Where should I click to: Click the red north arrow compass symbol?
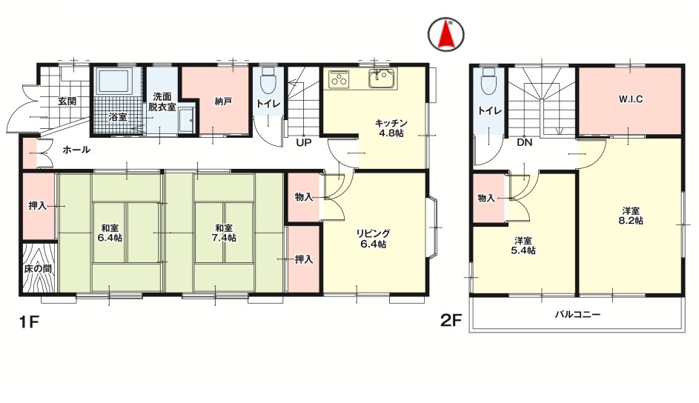(447, 34)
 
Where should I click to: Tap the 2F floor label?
(451, 322)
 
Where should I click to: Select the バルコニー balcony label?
(577, 314)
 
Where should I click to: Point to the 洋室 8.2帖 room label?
(632, 215)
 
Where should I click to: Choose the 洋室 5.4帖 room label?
(524, 245)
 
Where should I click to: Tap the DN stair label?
(524, 143)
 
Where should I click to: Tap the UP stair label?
(303, 142)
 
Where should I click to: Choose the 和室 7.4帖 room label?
(222, 233)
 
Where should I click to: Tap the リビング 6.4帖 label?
(374, 239)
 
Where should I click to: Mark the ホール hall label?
(76, 150)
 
